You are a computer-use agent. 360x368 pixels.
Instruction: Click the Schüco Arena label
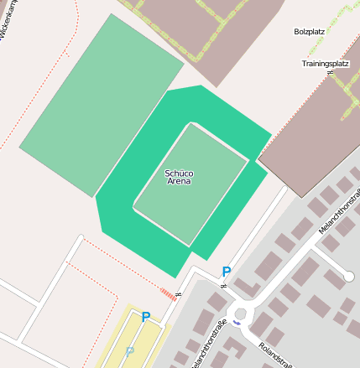click(x=179, y=177)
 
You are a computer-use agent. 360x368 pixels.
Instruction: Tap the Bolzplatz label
click(x=309, y=32)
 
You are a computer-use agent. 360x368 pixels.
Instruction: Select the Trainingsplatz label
click(x=325, y=64)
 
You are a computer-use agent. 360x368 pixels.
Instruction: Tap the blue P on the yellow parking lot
click(x=145, y=317)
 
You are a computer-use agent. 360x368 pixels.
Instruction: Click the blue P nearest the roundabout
click(x=226, y=272)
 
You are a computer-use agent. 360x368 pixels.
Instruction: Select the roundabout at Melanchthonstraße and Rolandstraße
click(x=241, y=314)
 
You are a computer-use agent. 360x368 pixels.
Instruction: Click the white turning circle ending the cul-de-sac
click(x=348, y=276)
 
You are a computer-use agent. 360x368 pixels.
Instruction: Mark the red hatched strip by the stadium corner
click(x=170, y=293)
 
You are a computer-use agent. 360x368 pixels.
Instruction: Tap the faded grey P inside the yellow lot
click(x=129, y=351)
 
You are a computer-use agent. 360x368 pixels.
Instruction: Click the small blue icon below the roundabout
click(x=237, y=323)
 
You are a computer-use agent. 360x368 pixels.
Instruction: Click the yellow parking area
click(x=134, y=339)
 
